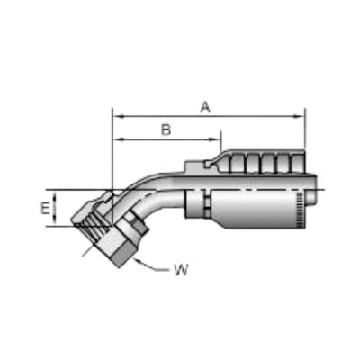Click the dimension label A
click(x=205, y=107)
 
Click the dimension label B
click(x=166, y=130)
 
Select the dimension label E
click(x=45, y=209)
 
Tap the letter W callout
click(x=181, y=270)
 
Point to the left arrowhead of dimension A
click(x=118, y=116)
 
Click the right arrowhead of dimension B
click(x=215, y=139)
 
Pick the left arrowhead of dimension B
click(x=118, y=139)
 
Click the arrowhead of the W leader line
click(x=139, y=261)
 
